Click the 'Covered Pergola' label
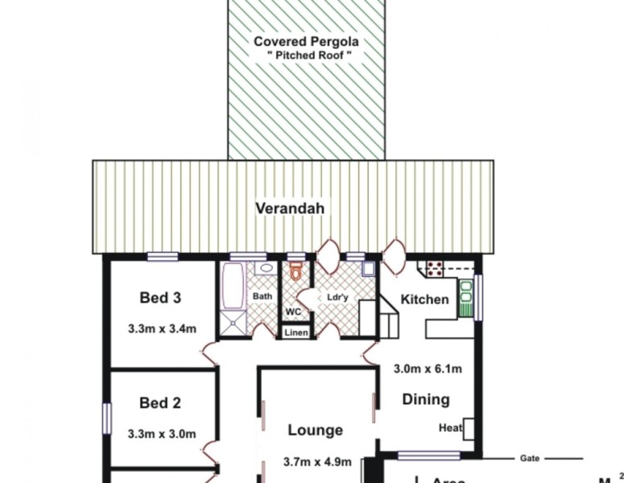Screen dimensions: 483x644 [307, 41]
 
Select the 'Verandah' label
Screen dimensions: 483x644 [290, 208]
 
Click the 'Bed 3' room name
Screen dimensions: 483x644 [160, 298]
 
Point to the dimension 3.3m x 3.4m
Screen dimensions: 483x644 [162, 328]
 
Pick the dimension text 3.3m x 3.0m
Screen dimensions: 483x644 [162, 433]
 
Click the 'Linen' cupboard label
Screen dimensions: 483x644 [295, 332]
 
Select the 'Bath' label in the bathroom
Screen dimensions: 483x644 [262, 296]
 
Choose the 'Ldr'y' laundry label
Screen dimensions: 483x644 [337, 297]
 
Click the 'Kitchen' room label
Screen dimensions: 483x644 [424, 299]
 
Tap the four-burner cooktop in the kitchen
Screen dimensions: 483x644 [435, 268]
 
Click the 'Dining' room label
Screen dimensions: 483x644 [426, 399]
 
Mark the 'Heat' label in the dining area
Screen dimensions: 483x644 [450, 428]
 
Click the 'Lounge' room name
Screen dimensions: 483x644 [316, 431]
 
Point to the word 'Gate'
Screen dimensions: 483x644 [529, 457]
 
